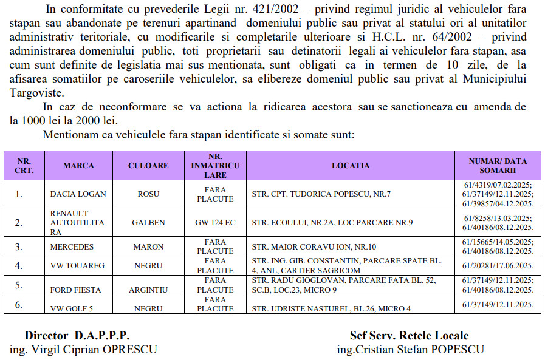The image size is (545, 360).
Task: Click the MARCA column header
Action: [78, 166]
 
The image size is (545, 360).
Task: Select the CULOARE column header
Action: [148, 166]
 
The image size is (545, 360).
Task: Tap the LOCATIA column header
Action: [351, 166]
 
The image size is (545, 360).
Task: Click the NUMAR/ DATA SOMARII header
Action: [498, 166]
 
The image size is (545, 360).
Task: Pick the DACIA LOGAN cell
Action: [78, 194]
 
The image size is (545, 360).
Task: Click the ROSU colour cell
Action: [148, 194]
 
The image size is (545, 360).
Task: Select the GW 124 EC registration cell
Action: [215, 223]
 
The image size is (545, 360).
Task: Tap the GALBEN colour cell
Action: [148, 223]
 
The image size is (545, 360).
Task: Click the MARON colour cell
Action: [148, 247]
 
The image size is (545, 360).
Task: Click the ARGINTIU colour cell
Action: [148, 290]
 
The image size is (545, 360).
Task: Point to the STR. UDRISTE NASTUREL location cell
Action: [331, 308]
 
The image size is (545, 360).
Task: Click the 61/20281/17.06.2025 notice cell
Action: [498, 265]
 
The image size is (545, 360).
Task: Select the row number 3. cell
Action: [19, 247]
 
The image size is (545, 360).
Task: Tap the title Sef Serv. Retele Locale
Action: [409, 336]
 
